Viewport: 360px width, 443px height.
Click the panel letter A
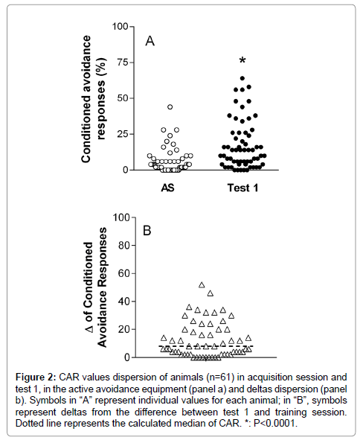pos(150,41)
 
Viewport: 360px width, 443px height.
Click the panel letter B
pos(147,231)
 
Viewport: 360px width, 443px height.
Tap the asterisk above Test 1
pos(242,60)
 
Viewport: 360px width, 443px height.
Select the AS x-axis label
pos(167,188)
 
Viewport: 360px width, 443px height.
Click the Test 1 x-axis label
pos(242,188)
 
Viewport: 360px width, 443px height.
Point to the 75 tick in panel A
pos(123,62)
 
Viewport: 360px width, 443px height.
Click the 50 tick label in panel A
pos(123,98)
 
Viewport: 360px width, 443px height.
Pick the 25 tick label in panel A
pos(123,134)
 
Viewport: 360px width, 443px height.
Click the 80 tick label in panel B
pos(124,245)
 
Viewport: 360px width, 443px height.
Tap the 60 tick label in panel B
pos(124,273)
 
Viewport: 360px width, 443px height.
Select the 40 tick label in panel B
pos(124,302)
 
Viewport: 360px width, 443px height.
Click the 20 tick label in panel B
pos(124,329)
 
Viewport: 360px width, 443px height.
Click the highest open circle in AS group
pos(170,106)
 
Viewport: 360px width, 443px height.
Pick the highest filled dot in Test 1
pos(242,78)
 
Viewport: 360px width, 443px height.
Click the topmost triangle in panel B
pos(202,285)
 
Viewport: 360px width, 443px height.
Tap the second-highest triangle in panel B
pos(210,293)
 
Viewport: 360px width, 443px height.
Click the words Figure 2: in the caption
pos(36,377)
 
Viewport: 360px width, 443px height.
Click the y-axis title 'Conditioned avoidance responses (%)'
pos(93,99)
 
